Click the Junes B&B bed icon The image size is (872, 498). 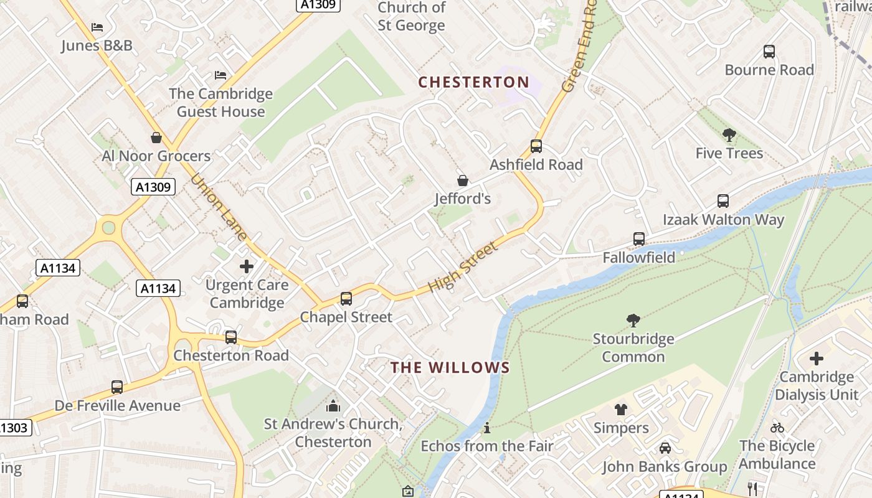click(x=97, y=27)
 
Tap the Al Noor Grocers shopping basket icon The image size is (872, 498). click(x=156, y=137)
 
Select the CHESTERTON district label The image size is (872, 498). click(x=473, y=82)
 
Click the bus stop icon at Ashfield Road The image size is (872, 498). click(x=536, y=146)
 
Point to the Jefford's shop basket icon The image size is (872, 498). click(x=463, y=181)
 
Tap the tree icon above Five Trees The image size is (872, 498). click(x=729, y=134)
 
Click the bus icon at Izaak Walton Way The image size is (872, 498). click(x=723, y=201)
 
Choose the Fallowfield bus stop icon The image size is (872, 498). click(x=638, y=239)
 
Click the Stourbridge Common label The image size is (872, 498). click(x=633, y=348)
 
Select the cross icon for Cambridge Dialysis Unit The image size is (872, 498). click(x=816, y=359)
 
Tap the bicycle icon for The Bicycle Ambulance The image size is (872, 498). click(x=777, y=428)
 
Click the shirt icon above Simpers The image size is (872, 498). click(x=620, y=410)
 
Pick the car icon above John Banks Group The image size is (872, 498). click(x=665, y=448)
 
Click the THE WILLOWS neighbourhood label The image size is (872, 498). click(x=450, y=368)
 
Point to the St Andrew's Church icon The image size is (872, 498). click(x=333, y=406)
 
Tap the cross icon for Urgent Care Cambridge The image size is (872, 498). click(x=247, y=266)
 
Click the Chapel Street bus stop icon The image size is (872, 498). click(x=346, y=299)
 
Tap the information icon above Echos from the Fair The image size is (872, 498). click(x=487, y=428)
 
